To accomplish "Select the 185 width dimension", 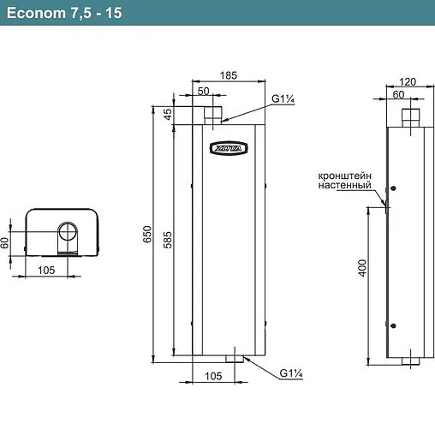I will [229, 76].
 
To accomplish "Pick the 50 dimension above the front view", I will [204, 91].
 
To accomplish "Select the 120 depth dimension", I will [407, 81].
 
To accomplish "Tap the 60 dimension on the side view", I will [400, 95].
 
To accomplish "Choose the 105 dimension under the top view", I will [47, 270].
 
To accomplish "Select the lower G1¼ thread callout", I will [290, 372].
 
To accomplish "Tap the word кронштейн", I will [343, 174].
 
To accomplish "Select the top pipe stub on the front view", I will [214, 112].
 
